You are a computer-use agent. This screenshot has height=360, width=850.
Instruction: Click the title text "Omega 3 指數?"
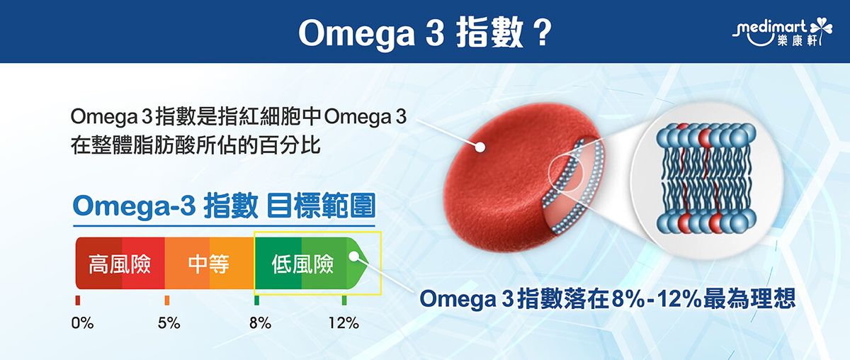tap(425, 33)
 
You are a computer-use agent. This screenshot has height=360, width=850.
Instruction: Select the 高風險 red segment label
tap(119, 265)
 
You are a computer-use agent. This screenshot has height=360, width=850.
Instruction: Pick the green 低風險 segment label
tap(302, 265)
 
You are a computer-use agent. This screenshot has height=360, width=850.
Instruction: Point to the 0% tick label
tap(82, 323)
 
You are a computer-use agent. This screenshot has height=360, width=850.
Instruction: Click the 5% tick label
tap(169, 323)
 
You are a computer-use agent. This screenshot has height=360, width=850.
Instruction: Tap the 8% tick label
tap(260, 323)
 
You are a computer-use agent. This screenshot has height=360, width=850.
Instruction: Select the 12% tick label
tap(344, 323)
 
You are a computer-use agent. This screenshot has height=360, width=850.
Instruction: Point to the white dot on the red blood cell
tap(480, 148)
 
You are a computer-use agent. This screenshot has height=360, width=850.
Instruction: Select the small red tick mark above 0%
tap(78, 300)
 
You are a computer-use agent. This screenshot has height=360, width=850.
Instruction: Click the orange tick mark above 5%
tap(166, 300)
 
